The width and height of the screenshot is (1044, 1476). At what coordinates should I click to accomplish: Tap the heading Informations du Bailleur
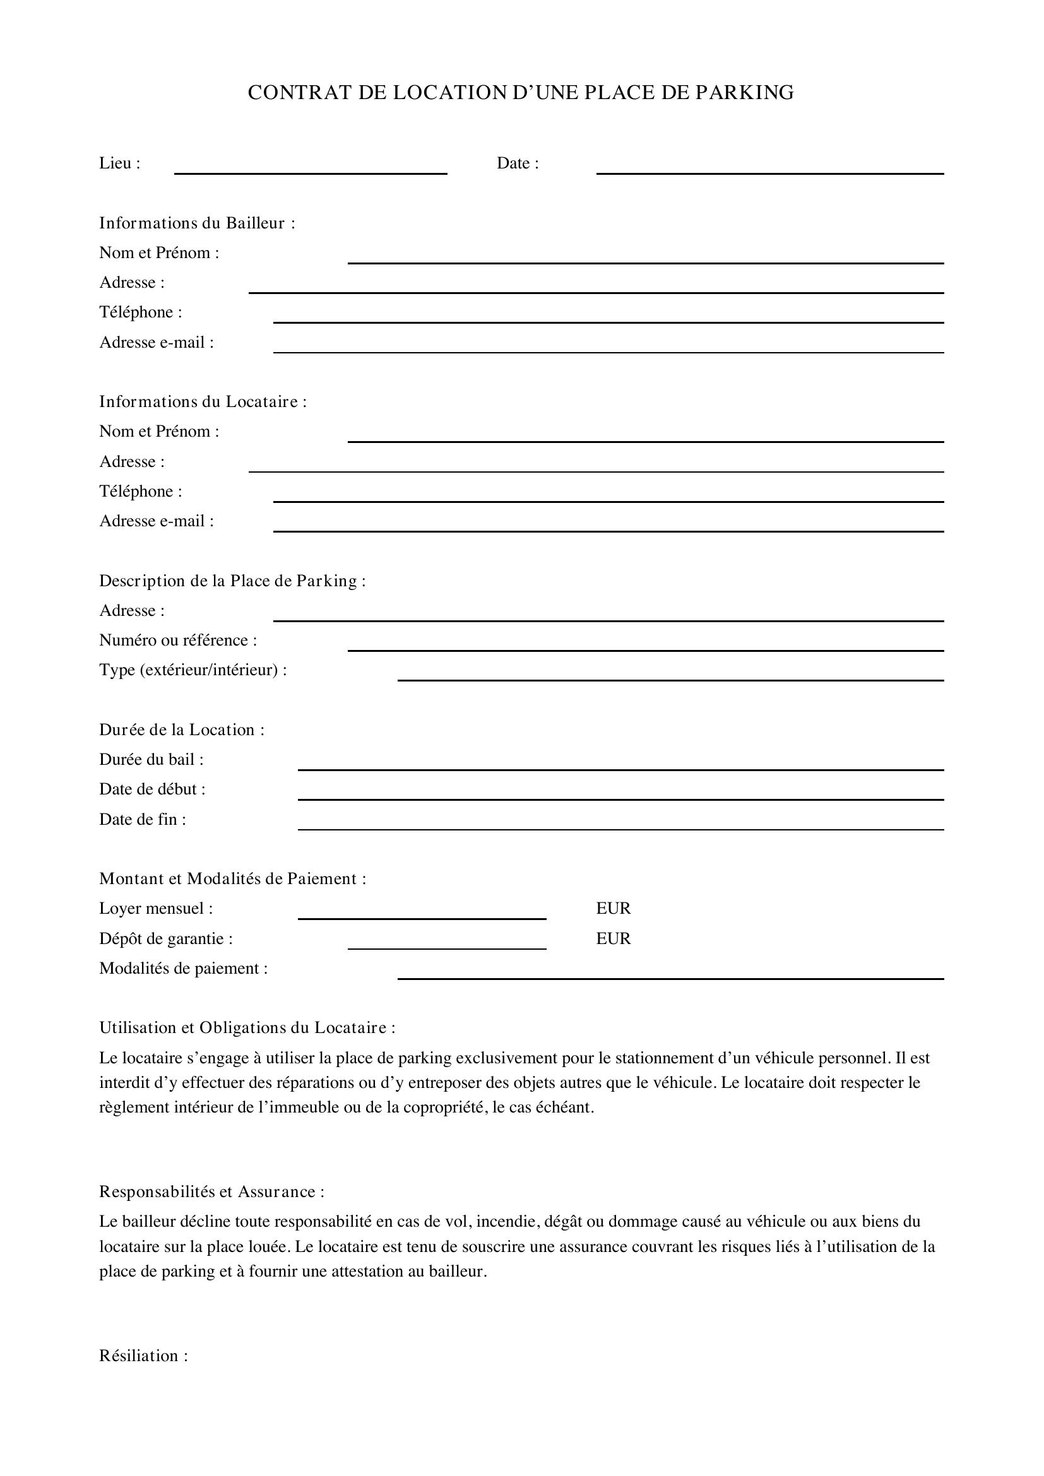197,223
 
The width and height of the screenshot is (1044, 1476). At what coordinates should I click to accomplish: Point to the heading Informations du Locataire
203,402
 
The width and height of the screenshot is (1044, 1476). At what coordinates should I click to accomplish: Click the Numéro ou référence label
177,641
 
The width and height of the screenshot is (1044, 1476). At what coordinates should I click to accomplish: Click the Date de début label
151,789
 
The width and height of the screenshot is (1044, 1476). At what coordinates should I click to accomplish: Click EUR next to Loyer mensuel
614,908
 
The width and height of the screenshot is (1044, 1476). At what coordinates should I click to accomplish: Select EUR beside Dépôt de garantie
614,938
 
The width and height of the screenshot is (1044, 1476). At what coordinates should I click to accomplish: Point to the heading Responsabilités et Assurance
211,1192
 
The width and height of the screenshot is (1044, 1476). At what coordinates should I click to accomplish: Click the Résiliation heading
143,1355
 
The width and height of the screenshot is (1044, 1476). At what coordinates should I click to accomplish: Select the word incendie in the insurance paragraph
506,1222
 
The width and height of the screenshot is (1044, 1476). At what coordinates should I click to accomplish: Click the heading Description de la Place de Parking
232,581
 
